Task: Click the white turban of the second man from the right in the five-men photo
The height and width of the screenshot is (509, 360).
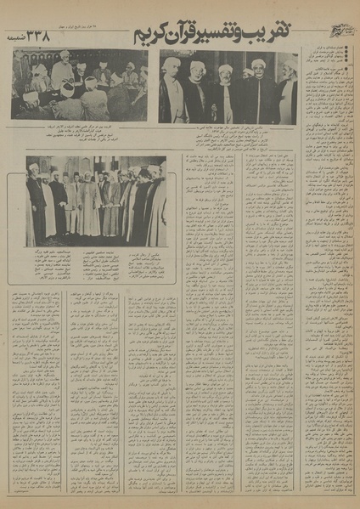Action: pos(258,65)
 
